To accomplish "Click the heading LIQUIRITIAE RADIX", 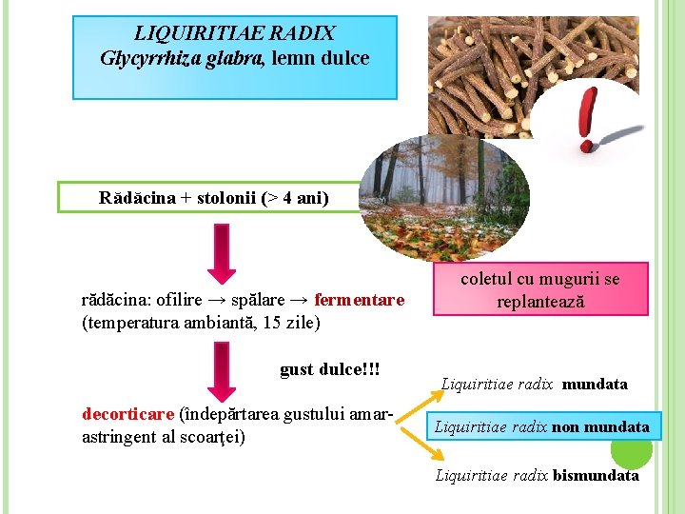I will (234, 34).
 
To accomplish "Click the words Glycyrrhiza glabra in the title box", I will (182, 58).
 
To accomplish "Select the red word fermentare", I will (359, 301).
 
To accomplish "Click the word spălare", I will (263, 301).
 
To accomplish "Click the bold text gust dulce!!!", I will (330, 369).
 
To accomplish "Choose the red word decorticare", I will (128, 415).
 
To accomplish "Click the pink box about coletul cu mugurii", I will (539, 289).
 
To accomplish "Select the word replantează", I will (539, 302).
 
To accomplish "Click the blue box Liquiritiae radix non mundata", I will (540, 427).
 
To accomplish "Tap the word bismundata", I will (596, 475).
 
